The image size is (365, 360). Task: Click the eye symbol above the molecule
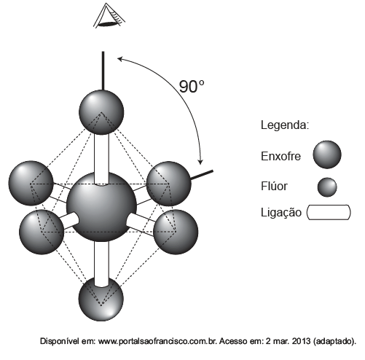tap(109, 16)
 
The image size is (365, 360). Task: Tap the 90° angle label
tap(192, 87)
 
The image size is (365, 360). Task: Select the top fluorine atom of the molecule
tap(101, 112)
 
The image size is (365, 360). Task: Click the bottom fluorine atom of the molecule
tap(101, 299)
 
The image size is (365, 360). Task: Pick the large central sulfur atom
tap(101, 206)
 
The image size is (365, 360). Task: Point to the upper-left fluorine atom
tap(31, 183)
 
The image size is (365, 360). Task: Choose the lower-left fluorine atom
tap(42, 232)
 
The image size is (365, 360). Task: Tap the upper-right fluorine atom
tap(169, 184)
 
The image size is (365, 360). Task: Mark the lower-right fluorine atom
tap(176, 232)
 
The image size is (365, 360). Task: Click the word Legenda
tap(285, 125)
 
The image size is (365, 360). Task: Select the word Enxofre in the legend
tap(280, 156)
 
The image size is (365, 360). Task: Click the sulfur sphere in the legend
tap(327, 154)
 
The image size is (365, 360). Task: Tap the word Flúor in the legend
tap(274, 186)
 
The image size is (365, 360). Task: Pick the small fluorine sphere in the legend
tap(327, 187)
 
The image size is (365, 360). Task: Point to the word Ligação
tap(281, 212)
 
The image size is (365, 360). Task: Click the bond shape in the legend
tap(329, 213)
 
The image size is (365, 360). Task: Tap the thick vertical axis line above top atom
tap(103, 71)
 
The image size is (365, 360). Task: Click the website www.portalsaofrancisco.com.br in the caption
tap(157, 341)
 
